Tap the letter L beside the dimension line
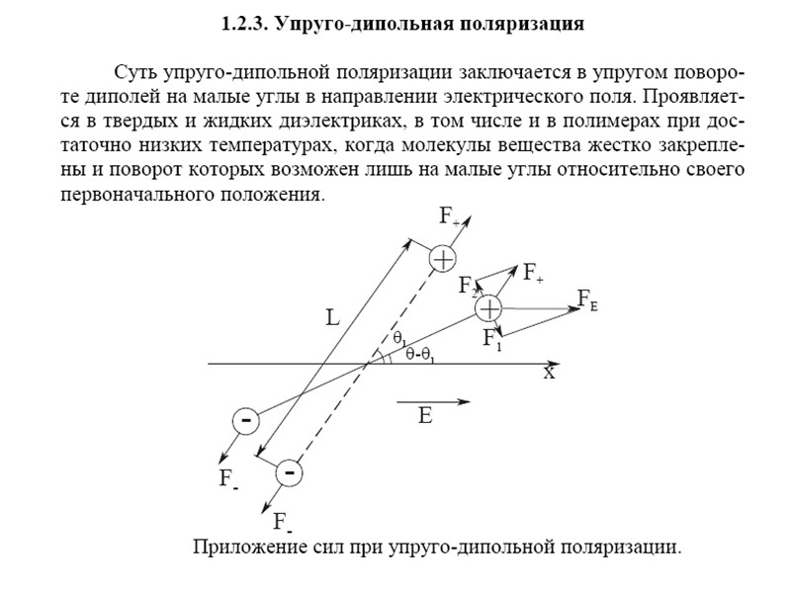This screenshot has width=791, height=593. point(334,319)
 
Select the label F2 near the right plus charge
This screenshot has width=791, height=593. point(468,287)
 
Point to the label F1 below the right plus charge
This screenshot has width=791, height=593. point(491,340)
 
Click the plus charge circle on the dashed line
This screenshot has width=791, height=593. point(442,259)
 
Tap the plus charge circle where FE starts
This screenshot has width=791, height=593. point(488,308)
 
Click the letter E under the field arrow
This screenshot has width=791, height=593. point(425,416)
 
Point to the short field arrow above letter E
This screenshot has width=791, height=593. point(433,401)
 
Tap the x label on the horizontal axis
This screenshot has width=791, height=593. point(549,374)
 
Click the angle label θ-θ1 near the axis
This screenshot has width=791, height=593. point(420,357)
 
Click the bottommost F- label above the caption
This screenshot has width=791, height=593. point(283,522)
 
